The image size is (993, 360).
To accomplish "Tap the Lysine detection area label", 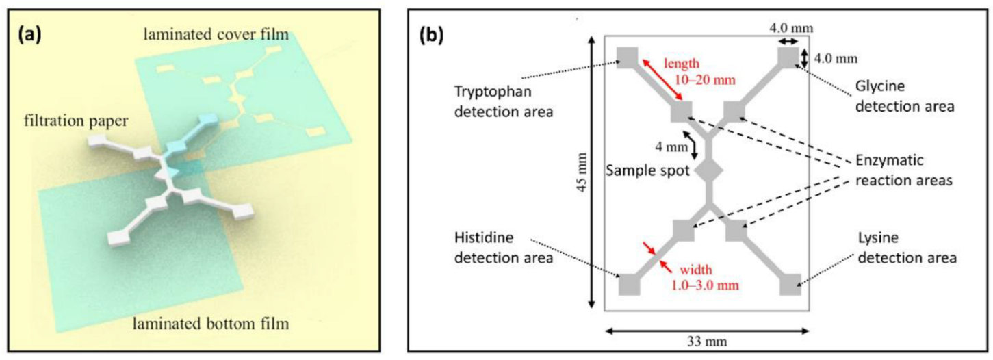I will click(897, 246).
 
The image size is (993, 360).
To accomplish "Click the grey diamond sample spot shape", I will click(709, 171).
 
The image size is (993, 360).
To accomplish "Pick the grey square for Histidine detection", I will click(629, 285).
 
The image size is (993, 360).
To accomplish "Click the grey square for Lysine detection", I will click(789, 284).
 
